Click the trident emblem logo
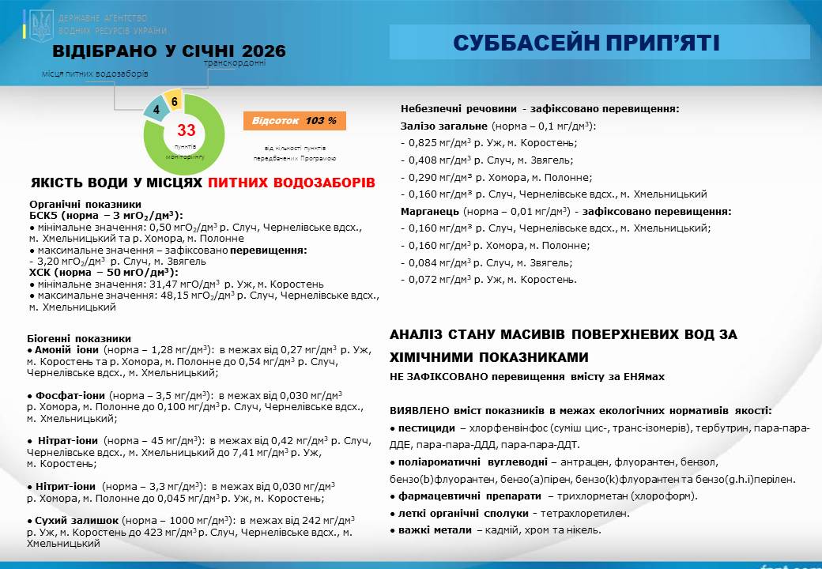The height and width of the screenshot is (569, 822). pyautogui.click(x=41, y=26)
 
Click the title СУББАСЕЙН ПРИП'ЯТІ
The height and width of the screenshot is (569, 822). pyautogui.click(x=586, y=43)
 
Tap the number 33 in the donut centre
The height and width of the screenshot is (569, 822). pyautogui.click(x=186, y=130)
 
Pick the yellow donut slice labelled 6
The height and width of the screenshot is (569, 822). pyautogui.click(x=174, y=101)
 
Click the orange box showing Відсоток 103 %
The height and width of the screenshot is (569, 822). pyautogui.click(x=294, y=121)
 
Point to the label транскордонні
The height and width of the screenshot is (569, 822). pyautogui.click(x=235, y=62)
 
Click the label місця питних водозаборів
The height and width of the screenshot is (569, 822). pyautogui.click(x=95, y=73)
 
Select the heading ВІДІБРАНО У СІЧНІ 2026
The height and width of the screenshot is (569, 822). pyautogui.click(x=169, y=52)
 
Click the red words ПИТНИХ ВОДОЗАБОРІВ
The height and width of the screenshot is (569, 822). pyautogui.click(x=292, y=183)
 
